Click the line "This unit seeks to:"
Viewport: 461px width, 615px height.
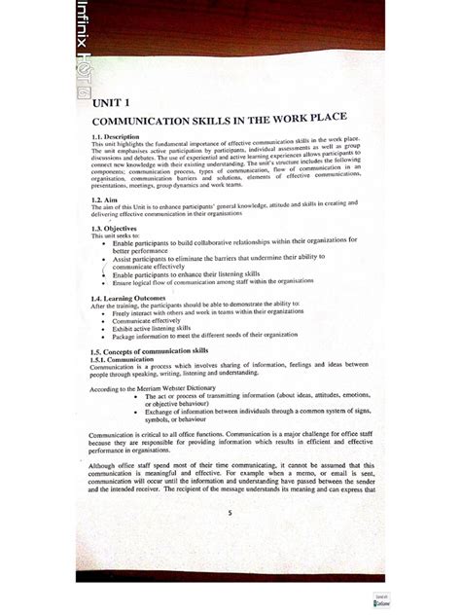click(115, 236)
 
